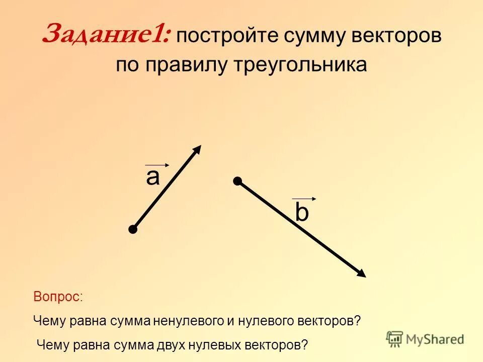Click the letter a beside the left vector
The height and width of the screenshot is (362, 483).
click(152, 177)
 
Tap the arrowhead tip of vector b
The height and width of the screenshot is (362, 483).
click(364, 275)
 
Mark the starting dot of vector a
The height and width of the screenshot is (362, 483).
click(133, 230)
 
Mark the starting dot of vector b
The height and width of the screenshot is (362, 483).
click(237, 180)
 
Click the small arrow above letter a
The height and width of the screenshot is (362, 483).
click(157, 164)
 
